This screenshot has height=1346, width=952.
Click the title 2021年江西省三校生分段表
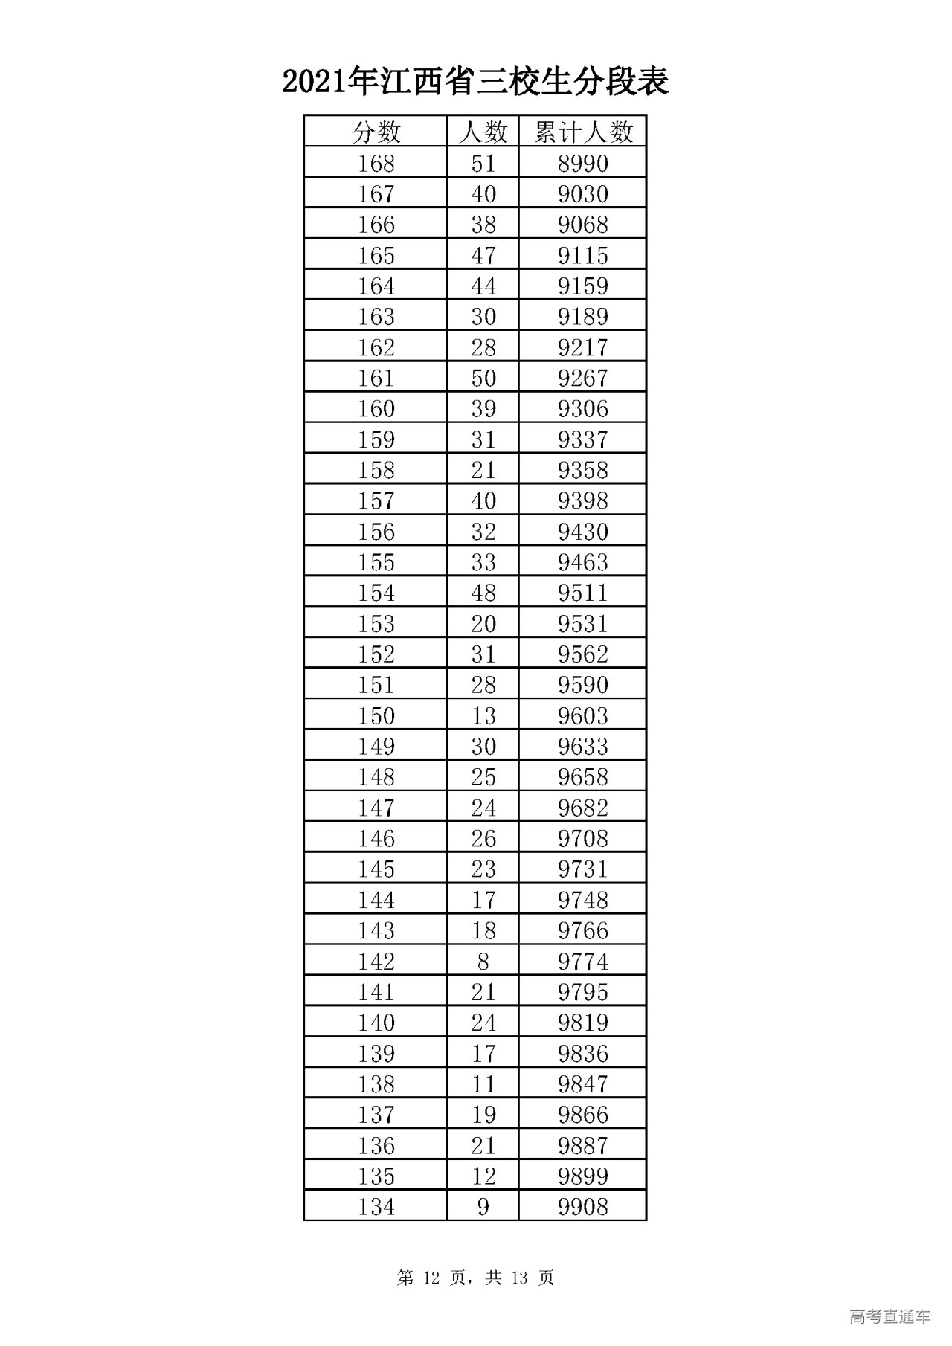click(475, 82)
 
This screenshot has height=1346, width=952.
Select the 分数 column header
click(376, 132)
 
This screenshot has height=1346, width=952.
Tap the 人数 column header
click(483, 132)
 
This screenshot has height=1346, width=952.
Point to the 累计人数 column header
click(583, 132)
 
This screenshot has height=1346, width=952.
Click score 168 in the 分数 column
click(376, 163)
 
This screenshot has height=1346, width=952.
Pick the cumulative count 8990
click(583, 163)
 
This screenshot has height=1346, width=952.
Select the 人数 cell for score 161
click(483, 378)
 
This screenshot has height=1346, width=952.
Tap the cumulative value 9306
click(583, 408)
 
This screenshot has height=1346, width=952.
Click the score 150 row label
click(376, 715)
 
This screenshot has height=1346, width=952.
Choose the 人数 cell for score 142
click(483, 962)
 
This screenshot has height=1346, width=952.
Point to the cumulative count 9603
click(583, 715)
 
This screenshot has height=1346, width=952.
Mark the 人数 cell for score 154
click(483, 593)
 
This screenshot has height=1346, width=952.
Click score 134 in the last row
click(376, 1207)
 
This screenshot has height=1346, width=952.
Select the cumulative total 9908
click(583, 1207)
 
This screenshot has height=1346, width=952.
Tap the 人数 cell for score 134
click(483, 1207)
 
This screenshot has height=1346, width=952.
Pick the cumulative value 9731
click(583, 869)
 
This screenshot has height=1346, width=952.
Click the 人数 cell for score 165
click(483, 255)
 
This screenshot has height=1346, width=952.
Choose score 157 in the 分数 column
click(376, 500)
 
